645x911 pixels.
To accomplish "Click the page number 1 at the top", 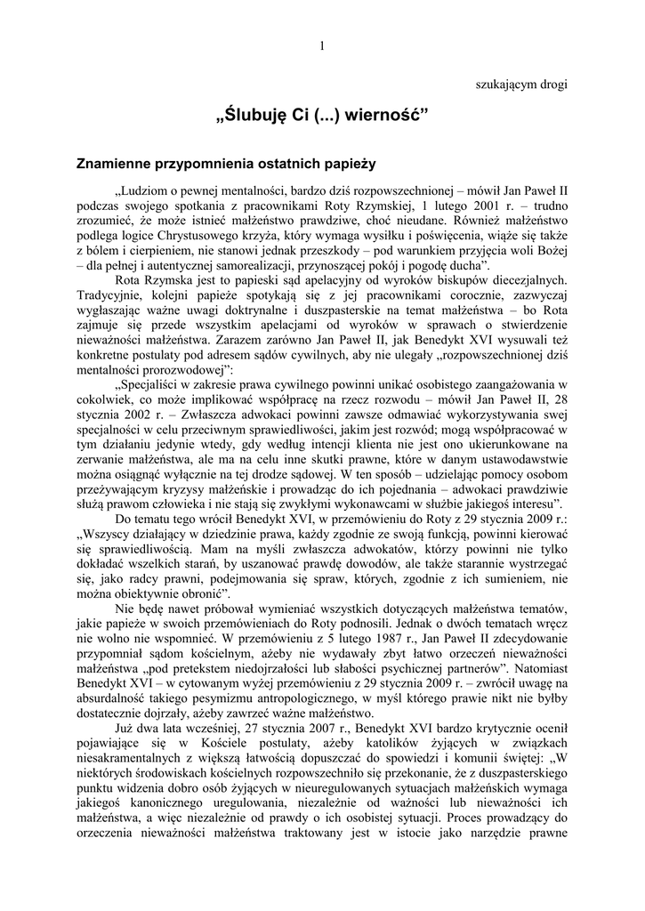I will (321, 46).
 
